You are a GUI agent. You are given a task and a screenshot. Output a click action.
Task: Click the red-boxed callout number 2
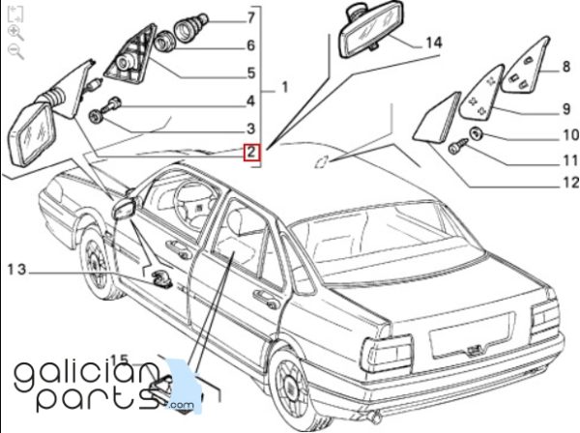251,152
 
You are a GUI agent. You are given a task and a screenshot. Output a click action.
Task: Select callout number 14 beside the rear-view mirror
433,43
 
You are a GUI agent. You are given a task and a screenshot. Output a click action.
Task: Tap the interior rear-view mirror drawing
370,31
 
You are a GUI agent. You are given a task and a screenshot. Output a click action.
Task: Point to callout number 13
17,270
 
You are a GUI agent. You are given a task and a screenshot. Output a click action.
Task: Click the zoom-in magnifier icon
15,33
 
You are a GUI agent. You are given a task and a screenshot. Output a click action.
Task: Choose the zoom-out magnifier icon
15,51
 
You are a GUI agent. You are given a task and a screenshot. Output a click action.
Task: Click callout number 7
251,17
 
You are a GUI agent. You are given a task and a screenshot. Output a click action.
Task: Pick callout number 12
570,183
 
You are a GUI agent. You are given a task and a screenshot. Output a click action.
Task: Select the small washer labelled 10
476,133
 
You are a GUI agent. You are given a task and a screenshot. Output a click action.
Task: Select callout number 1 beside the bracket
284,88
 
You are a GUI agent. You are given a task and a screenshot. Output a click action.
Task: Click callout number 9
566,109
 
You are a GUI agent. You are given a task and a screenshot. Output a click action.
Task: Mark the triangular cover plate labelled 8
525,65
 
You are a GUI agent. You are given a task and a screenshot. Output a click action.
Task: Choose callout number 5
251,72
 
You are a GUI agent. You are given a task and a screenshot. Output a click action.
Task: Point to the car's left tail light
388,354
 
